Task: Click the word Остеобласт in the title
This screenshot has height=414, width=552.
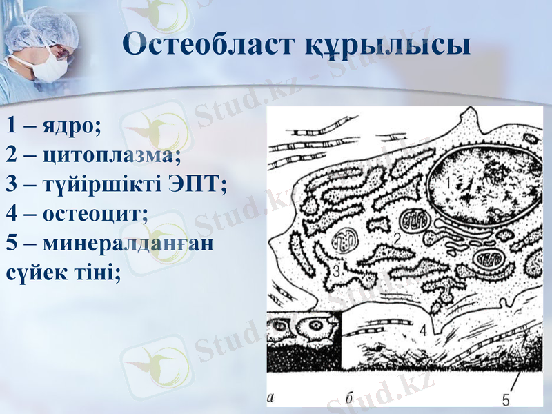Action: click(x=210, y=44)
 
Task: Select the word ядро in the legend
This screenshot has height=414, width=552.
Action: click(x=72, y=126)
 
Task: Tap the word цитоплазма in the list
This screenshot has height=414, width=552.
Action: click(x=111, y=155)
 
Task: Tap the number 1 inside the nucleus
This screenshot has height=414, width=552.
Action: click(x=446, y=184)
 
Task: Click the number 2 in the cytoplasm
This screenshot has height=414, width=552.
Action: click(x=397, y=239)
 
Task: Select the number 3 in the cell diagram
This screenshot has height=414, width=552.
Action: click(x=336, y=270)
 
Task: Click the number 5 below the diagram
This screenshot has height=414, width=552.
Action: click(x=506, y=399)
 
